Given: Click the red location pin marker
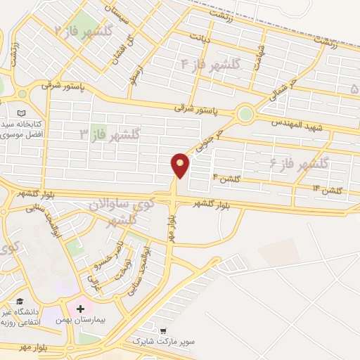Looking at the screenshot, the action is pos(181,165).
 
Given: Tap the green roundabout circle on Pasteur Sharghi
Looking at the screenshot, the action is pos(245,112).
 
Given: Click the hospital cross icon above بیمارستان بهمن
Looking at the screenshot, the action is pos(81,309).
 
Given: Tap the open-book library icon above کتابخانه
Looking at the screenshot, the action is pos(21,113).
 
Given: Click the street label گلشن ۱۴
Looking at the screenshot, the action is pos(328,190).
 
